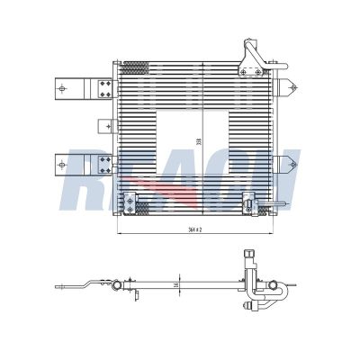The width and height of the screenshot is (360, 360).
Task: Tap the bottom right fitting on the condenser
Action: [x=251, y=202]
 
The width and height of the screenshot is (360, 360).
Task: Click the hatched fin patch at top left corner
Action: [x=133, y=67]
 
